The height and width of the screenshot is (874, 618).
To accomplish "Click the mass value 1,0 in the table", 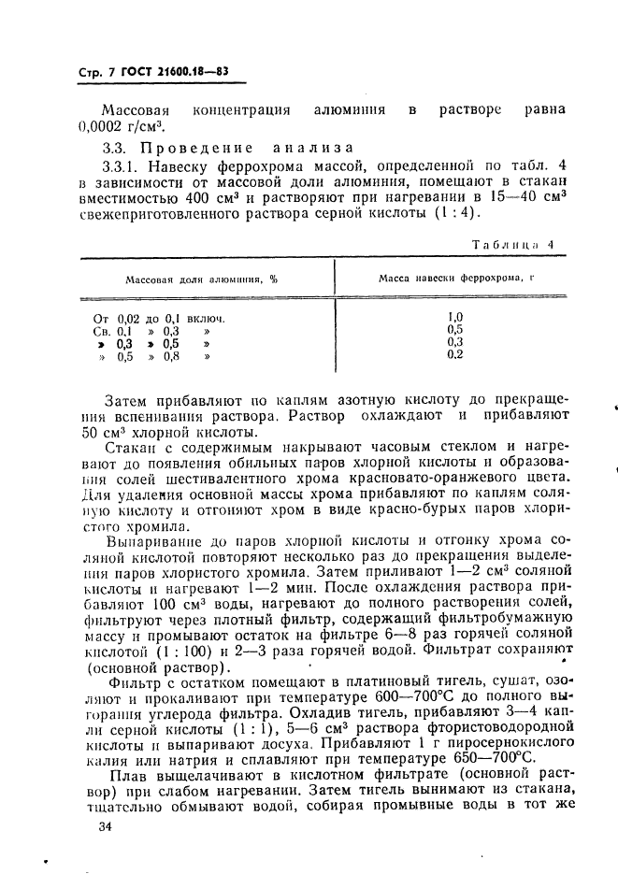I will click(455, 317).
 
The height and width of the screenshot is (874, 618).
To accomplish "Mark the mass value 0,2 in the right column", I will click(455, 355).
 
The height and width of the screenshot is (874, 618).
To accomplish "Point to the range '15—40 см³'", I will click(522, 197).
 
